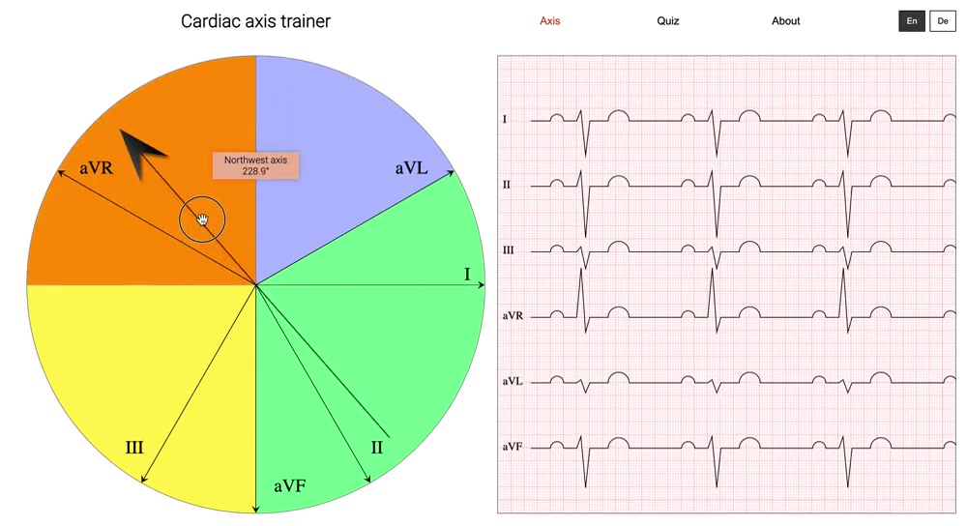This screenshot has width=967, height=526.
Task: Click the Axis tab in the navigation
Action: (x=549, y=21)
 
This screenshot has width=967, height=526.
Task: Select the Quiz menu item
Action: (x=668, y=21)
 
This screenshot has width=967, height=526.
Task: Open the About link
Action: (x=785, y=21)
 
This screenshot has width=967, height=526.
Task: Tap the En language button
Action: (x=912, y=21)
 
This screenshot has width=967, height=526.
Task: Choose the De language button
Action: (x=942, y=21)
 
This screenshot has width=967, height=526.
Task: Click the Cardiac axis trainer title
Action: (x=256, y=21)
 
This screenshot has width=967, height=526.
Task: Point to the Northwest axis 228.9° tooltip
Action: (x=256, y=165)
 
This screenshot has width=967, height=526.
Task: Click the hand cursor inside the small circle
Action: (x=202, y=219)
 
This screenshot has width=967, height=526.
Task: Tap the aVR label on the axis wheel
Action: (x=96, y=167)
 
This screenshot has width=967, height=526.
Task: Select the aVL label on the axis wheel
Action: (x=411, y=168)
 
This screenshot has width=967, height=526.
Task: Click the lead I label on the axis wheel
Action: (x=467, y=275)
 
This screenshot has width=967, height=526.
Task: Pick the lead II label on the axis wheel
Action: (x=377, y=448)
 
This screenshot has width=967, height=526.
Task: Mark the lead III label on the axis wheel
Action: (x=134, y=448)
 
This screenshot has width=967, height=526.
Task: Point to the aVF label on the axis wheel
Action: (x=289, y=486)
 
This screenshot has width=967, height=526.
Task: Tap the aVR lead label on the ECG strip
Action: (x=513, y=316)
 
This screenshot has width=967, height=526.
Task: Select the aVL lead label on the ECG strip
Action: (x=513, y=381)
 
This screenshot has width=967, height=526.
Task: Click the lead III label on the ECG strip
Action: (x=509, y=250)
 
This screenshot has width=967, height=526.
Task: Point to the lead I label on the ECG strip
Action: (x=505, y=119)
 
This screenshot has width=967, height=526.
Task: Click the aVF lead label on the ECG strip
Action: (x=513, y=447)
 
